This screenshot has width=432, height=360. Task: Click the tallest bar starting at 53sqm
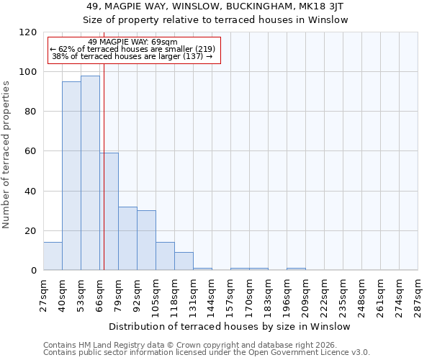click(90, 173)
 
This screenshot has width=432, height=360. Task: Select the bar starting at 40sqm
click(71, 176)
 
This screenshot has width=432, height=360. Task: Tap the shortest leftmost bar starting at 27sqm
click(53, 256)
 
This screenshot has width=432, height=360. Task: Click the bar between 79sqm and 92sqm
click(127, 238)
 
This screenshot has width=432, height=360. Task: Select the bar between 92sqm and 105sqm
click(146, 240)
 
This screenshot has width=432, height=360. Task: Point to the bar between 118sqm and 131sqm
click(184, 261)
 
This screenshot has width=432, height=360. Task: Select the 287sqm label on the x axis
click(418, 296)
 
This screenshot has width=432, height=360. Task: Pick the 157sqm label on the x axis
click(231, 296)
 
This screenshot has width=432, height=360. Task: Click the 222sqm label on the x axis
click(325, 296)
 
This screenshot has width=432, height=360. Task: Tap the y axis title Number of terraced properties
click(7, 155)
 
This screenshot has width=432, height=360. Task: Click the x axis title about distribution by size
click(230, 326)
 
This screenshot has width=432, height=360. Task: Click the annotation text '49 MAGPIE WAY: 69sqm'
click(132, 42)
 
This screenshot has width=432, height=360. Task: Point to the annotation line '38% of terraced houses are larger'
click(132, 56)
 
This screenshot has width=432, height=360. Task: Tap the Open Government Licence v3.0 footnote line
click(206, 353)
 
